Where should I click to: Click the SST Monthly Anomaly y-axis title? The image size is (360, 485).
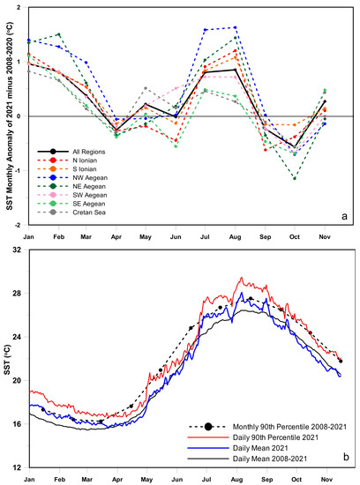point(7,115)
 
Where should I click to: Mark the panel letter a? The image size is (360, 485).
point(345,214)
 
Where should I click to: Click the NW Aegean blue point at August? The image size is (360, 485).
point(236,27)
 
